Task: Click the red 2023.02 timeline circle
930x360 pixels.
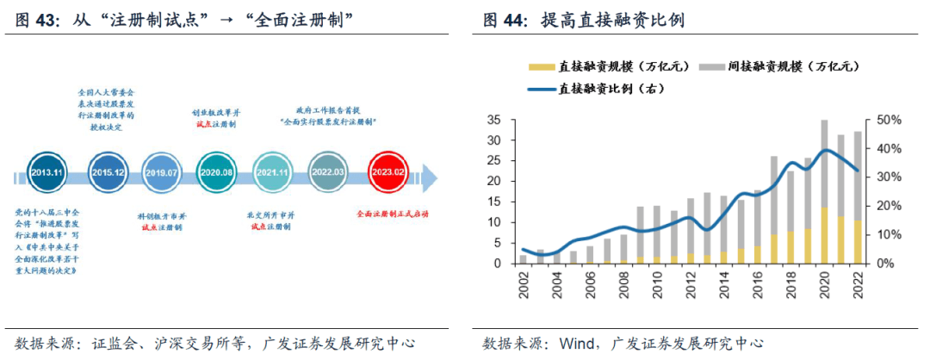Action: click(x=388, y=172)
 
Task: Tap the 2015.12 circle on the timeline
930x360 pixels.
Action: click(x=107, y=172)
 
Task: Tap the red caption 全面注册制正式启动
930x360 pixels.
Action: click(x=392, y=214)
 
